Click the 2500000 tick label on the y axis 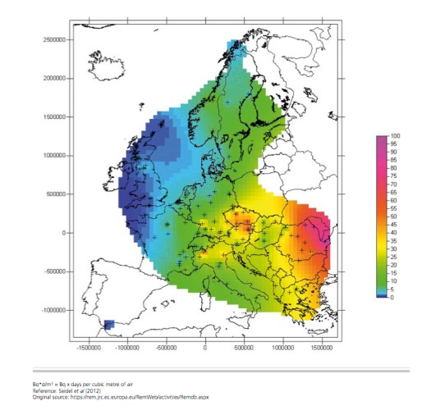click(x=53, y=39)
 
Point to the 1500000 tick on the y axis click(x=53, y=116)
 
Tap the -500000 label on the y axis click(x=54, y=271)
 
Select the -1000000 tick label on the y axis click(x=53, y=310)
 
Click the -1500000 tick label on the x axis click(x=89, y=348)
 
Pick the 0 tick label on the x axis click(x=205, y=348)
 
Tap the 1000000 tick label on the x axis click(x=282, y=348)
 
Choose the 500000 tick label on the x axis click(x=244, y=348)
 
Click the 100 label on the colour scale click(x=395, y=135)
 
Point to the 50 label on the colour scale click(x=394, y=216)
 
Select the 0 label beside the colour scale click(x=392, y=297)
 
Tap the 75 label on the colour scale click(x=394, y=175)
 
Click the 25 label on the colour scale click(x=394, y=257)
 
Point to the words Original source click(x=89, y=398)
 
